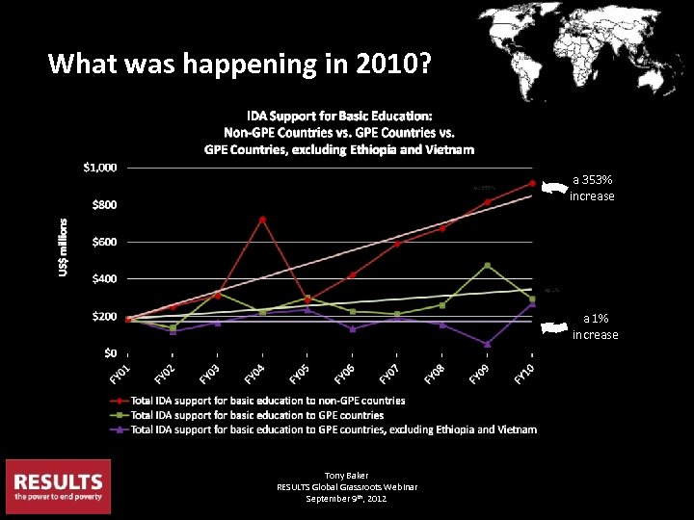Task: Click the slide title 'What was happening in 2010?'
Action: pos(240,65)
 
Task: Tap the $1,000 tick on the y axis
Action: pos(99,168)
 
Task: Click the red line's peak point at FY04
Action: pos(262,220)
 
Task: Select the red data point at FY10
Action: pos(532,184)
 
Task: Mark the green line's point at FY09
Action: pos(487,266)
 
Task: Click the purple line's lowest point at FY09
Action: pos(487,344)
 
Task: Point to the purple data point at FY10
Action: pos(532,304)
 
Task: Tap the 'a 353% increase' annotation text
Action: pos(592,188)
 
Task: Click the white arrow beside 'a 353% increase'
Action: pos(552,189)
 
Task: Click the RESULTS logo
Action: pos(58,486)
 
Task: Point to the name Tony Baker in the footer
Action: pos(347,476)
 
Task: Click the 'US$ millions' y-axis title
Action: pos(64,247)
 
